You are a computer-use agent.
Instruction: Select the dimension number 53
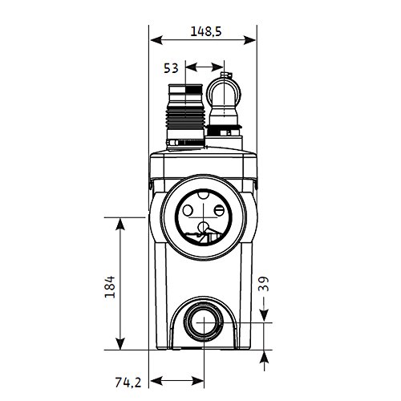(x=170, y=67)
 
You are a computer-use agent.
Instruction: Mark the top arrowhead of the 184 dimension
(x=119, y=221)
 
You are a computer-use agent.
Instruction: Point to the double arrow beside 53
(x=206, y=67)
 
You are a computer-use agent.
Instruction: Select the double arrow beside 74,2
(x=178, y=380)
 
